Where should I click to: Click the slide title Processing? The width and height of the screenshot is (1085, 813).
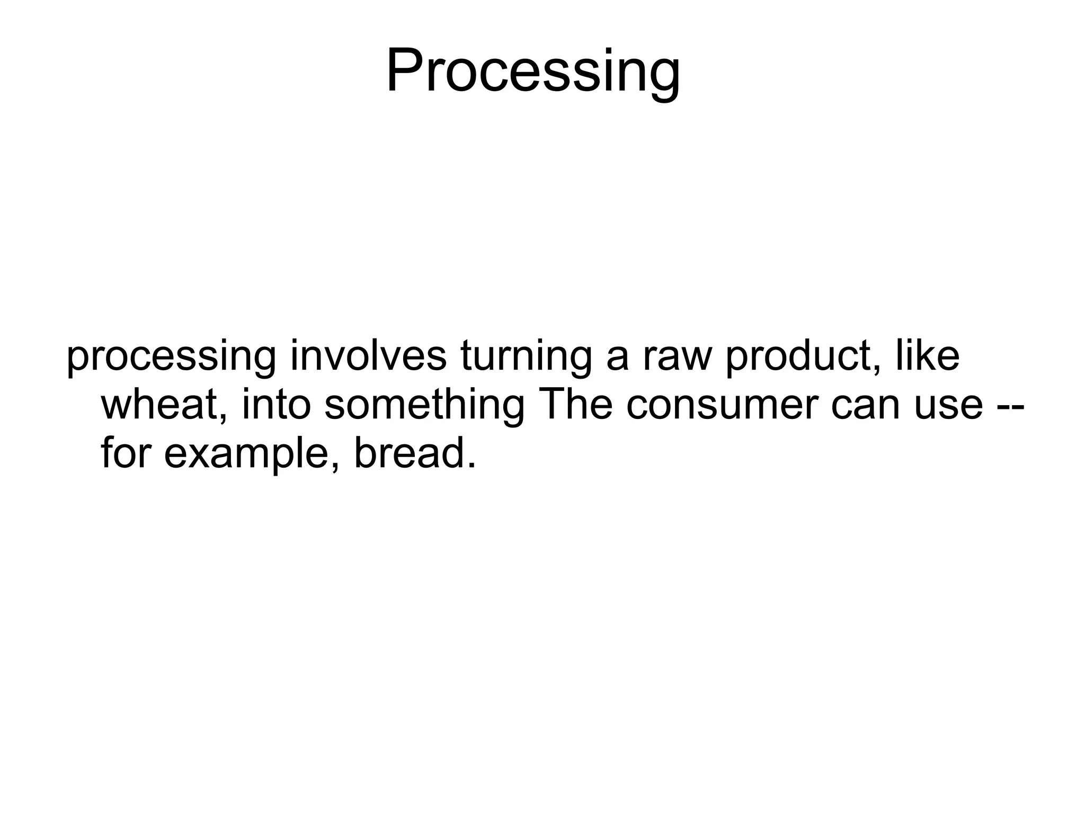pos(533,72)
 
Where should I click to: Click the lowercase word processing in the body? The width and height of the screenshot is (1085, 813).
pos(171,358)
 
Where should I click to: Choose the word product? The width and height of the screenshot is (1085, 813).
pos(802,357)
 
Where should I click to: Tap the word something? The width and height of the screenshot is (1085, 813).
pos(424,407)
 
